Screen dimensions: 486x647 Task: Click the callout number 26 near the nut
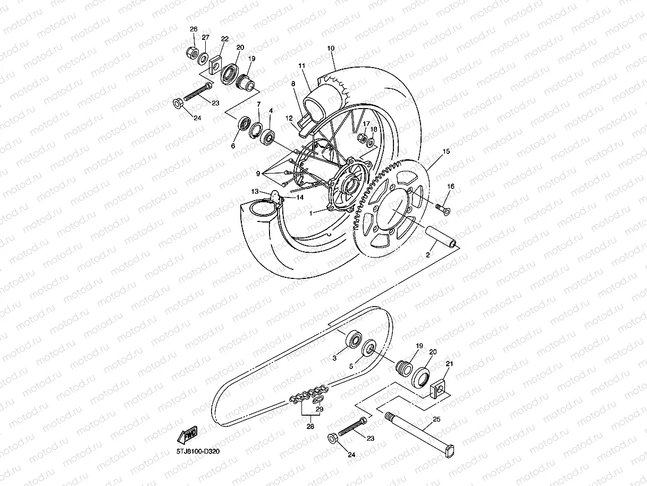(x=194, y=29)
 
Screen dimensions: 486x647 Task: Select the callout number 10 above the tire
(x=331, y=48)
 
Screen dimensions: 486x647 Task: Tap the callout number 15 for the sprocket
(x=446, y=152)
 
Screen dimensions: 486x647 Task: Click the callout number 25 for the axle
(x=436, y=420)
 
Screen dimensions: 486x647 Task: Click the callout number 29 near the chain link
(x=319, y=409)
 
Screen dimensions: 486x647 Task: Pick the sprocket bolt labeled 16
(x=442, y=208)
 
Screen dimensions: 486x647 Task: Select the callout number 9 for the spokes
(x=258, y=173)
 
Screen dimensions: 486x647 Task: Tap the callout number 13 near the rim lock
(x=255, y=191)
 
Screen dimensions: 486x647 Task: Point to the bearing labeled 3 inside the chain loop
(x=353, y=339)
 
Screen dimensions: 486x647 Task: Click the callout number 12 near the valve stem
(x=289, y=118)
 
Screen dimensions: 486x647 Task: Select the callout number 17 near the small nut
(x=366, y=123)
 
